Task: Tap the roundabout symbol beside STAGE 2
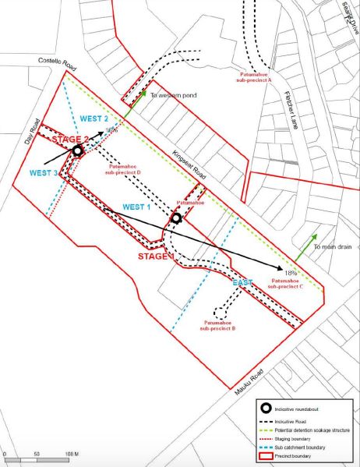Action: (x=78, y=150)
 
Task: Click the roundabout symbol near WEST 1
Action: (x=176, y=218)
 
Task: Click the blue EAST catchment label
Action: (x=242, y=282)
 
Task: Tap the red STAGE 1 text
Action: (x=155, y=256)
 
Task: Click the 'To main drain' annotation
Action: (x=334, y=247)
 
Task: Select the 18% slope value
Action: (x=291, y=273)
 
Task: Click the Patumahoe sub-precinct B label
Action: (x=223, y=326)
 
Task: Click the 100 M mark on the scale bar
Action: (x=70, y=452)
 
